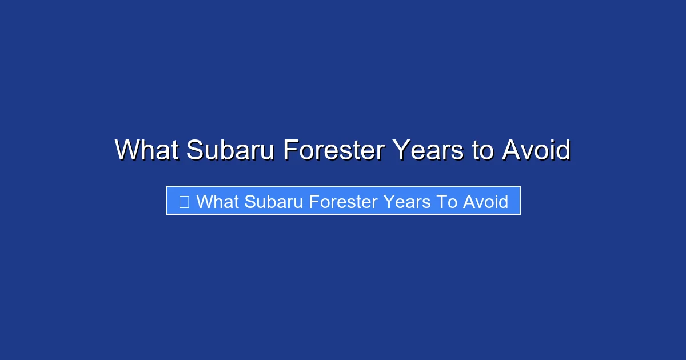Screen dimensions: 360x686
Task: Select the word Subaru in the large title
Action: pyautogui.click(x=231, y=151)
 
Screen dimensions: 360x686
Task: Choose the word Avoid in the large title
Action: pyautogui.click(x=536, y=151)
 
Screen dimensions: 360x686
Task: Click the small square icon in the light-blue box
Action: pyautogui.click(x=184, y=202)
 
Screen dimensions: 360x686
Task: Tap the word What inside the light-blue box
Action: pyautogui.click(x=218, y=202)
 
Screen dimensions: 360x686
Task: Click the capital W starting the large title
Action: pyautogui.click(x=126, y=151)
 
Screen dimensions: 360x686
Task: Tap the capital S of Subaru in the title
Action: pyautogui.click(x=195, y=151)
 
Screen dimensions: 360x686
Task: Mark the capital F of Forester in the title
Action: pyautogui.click(x=290, y=151)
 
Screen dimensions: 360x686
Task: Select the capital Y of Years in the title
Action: pyautogui.click(x=401, y=151)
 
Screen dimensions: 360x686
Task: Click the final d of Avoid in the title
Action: pyautogui.click(x=563, y=151)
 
